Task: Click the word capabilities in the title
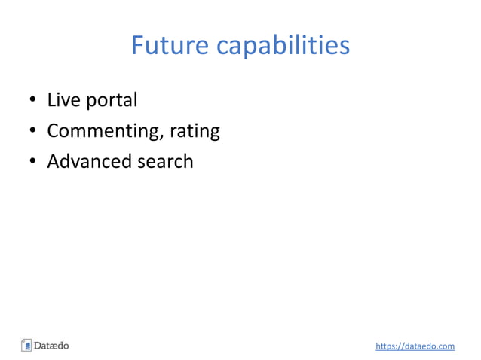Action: coord(283,47)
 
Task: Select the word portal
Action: coord(111,101)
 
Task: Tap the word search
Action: coord(164,161)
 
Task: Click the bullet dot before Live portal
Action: coord(33,101)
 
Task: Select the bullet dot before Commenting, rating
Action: coord(33,132)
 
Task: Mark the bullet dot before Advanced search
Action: coord(33,162)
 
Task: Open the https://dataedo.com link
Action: coord(415,346)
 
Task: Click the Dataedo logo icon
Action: coord(26,346)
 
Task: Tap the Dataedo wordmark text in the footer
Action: coord(51,346)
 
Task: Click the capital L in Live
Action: coord(51,100)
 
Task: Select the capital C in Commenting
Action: coord(53,132)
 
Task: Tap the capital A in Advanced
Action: coord(53,161)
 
